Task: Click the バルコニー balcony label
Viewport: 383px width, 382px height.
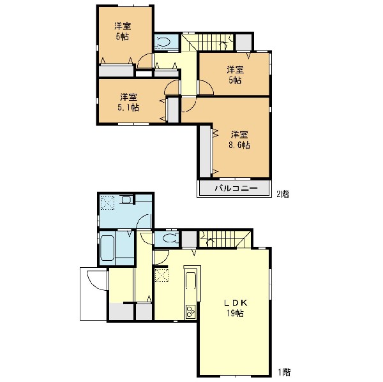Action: (236, 188)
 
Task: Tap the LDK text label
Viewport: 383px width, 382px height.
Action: (236, 303)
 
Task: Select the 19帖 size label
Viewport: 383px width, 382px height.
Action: (235, 313)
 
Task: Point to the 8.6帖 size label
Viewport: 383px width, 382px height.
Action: (239, 145)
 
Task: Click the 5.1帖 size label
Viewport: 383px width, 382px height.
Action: (128, 107)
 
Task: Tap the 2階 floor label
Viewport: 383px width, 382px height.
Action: (283, 195)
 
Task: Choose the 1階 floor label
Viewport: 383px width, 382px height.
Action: (285, 372)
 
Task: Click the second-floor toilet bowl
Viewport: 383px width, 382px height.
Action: (163, 41)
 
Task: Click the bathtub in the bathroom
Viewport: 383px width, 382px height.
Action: (107, 248)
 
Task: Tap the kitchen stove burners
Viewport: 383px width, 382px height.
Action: (190, 311)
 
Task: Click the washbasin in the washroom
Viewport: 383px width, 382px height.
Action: (126, 200)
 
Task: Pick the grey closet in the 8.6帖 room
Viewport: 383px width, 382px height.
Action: (205, 151)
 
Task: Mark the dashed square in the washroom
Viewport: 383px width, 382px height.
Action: (107, 203)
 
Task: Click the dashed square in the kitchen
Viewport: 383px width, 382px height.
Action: (161, 275)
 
